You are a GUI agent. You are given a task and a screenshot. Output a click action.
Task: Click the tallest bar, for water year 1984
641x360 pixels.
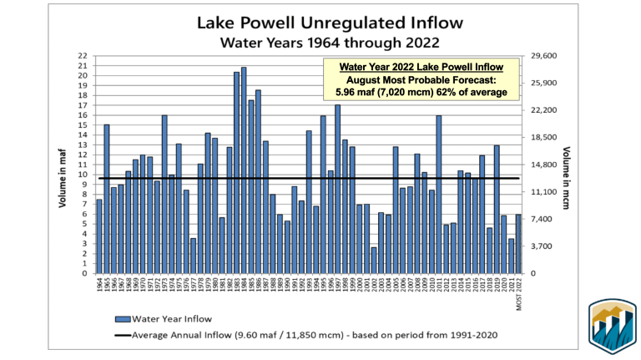click(244, 170)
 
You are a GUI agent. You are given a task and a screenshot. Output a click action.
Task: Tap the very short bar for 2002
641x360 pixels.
click(375, 260)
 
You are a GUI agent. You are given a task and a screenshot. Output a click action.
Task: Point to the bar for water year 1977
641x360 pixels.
click(193, 256)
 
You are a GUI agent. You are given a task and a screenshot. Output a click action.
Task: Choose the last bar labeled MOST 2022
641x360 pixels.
click(518, 244)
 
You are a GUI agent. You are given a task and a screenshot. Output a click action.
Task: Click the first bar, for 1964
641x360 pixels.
click(99, 236)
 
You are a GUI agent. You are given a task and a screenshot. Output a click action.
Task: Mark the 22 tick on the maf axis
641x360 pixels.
click(83, 56)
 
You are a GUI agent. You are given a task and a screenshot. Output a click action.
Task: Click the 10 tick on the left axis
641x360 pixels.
click(83, 175)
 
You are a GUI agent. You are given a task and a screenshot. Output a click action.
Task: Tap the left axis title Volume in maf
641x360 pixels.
click(63, 165)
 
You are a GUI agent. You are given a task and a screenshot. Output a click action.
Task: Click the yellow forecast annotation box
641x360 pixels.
click(421, 79)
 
